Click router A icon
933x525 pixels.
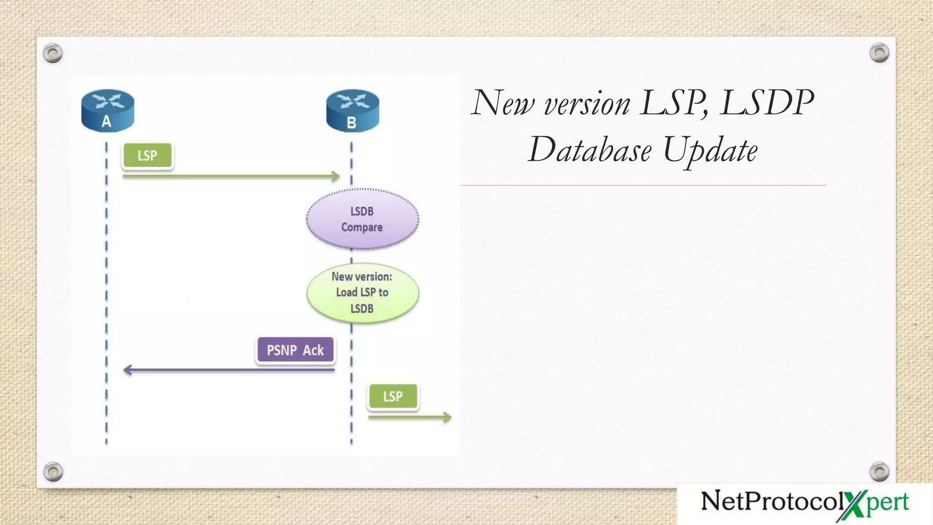pos(108,111)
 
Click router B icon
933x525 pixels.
pos(353,111)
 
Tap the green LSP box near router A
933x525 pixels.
pos(148,156)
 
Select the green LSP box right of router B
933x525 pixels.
pos(393,396)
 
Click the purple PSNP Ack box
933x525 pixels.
pos(295,350)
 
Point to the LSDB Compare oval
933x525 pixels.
pos(362,219)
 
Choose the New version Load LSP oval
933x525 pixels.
pos(362,293)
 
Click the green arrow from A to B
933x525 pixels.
pos(231,176)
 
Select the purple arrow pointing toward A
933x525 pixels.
pos(229,370)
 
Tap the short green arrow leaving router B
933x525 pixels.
pos(409,417)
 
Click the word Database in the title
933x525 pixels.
pos(590,150)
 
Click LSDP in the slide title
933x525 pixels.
pos(767,103)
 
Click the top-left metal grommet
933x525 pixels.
pos(53,53)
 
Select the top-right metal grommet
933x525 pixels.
pos(879,53)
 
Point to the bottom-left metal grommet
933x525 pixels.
pos(53,472)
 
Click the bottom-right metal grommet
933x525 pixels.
pos(879,472)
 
